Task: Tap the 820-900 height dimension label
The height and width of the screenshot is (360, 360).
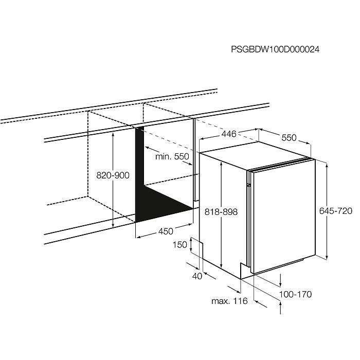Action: coord(113,175)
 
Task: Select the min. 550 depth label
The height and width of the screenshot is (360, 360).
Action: coord(172,156)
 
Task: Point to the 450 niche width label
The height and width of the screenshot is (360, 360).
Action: coord(166,231)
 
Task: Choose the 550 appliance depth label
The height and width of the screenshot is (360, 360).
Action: coord(289,138)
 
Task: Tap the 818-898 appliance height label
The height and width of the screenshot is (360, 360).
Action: coord(222,212)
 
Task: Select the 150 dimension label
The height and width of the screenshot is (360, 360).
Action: coord(179,245)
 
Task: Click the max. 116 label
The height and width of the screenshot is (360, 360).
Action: coord(229,301)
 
